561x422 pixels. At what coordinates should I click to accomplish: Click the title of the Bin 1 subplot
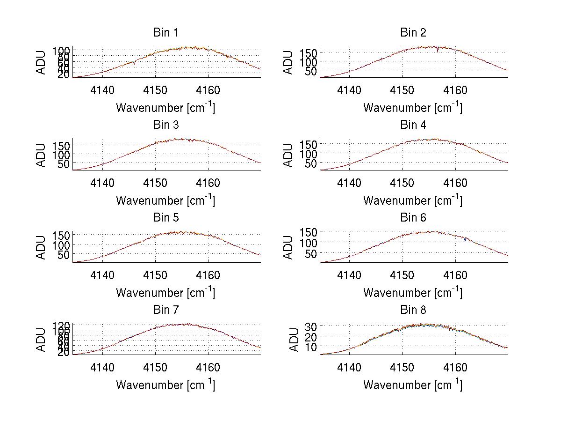pyautogui.click(x=165, y=33)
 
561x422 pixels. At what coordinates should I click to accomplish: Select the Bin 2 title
pyautogui.click(x=413, y=33)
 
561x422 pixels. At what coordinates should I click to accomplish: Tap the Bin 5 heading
pyautogui.click(x=165, y=218)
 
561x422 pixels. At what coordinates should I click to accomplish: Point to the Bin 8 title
pyautogui.click(x=413, y=310)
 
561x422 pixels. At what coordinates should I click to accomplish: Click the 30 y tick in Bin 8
pyautogui.click(x=312, y=326)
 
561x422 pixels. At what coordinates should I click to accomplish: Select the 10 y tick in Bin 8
pyautogui.click(x=312, y=347)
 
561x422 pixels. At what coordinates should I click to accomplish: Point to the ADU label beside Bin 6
pyautogui.click(x=289, y=247)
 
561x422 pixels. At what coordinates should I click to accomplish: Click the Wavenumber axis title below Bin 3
pyautogui.click(x=165, y=200)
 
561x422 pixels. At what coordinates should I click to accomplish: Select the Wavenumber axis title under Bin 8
pyautogui.click(x=413, y=385)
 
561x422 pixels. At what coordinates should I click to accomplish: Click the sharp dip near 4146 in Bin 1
pyautogui.click(x=134, y=63)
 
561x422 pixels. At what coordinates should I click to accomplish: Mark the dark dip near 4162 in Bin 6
pyautogui.click(x=466, y=240)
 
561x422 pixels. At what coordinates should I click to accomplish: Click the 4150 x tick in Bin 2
pyautogui.click(x=403, y=90)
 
